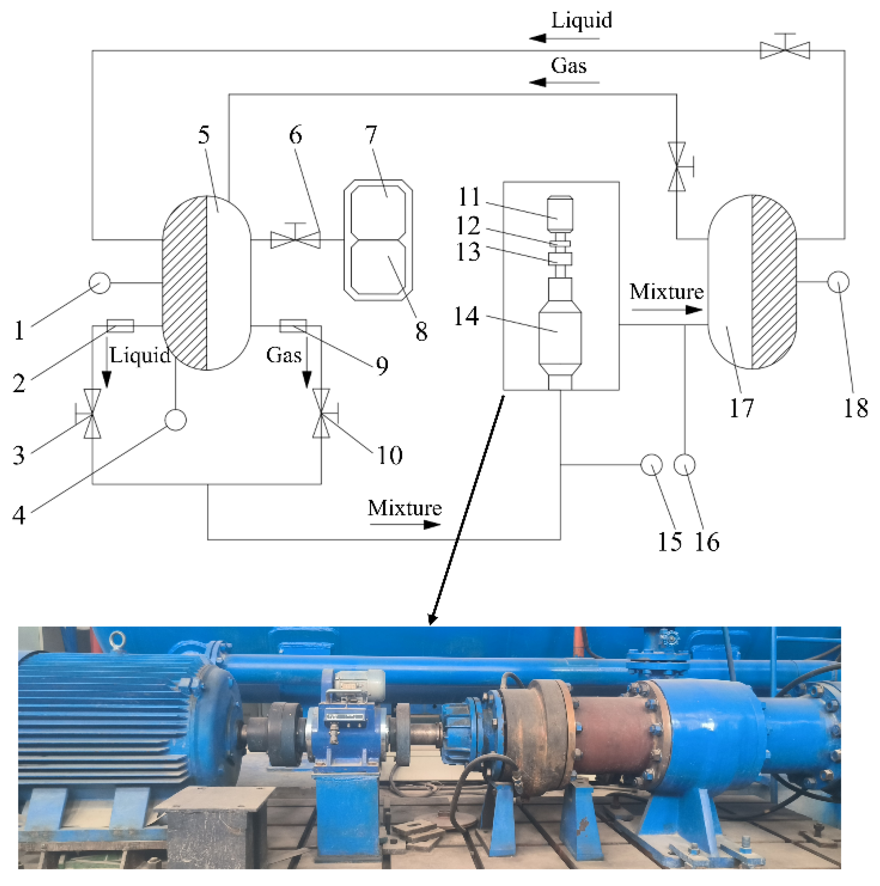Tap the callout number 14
click(x=466, y=316)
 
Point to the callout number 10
click(x=389, y=455)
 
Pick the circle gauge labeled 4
click(x=175, y=420)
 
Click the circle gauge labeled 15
click(x=651, y=464)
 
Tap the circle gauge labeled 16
click(x=684, y=464)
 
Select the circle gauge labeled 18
click(x=838, y=282)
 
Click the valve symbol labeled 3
click(x=92, y=414)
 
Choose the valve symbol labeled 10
click(x=321, y=414)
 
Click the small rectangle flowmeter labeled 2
click(x=120, y=326)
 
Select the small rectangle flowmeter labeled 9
click(x=293, y=326)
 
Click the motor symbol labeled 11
click(x=561, y=213)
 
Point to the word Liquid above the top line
click(x=581, y=21)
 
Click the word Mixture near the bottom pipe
click(x=405, y=508)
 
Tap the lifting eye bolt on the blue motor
click(x=118, y=639)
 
